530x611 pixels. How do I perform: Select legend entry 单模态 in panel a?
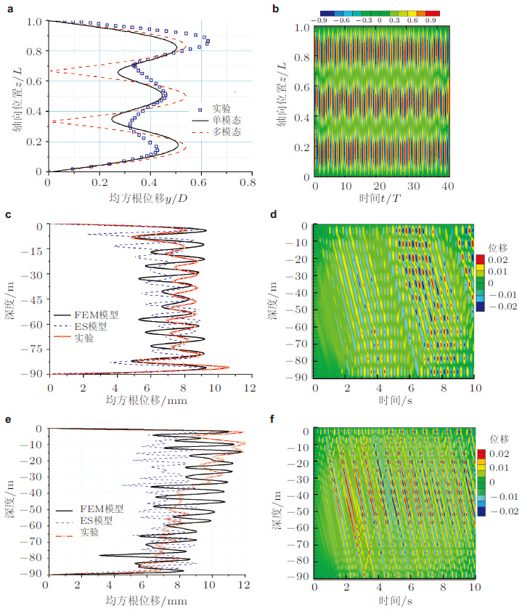tap(227, 119)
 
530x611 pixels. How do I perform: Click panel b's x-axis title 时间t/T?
tap(380, 200)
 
